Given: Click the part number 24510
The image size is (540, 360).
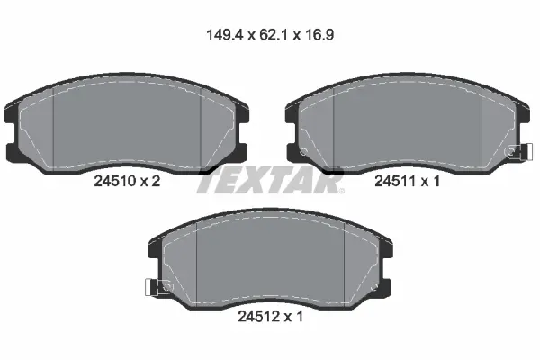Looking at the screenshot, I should (x=114, y=181).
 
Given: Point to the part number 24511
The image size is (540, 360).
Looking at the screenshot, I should (x=393, y=181).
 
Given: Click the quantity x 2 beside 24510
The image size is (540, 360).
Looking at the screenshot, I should (x=152, y=181).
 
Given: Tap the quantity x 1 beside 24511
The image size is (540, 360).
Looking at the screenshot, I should (x=431, y=181).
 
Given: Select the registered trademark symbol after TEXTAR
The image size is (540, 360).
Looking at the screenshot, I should (x=341, y=191).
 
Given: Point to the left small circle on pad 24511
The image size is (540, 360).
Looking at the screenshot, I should (x=304, y=150).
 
